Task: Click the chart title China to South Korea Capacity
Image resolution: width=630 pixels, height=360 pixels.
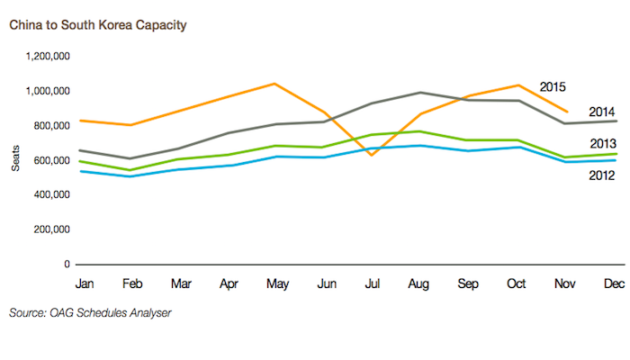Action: [x=98, y=24]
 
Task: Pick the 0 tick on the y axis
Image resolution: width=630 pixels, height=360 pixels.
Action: [x=67, y=264]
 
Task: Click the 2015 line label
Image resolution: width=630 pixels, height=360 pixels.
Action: [x=552, y=86]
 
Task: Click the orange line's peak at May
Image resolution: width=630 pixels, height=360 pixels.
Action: [x=274, y=84]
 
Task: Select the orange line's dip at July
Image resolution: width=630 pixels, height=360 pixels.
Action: [x=372, y=155]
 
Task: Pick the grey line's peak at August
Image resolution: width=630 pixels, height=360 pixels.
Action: [x=419, y=93]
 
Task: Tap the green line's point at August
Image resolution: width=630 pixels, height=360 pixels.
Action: [x=419, y=131]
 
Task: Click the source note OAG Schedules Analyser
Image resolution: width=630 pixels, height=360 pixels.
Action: [x=89, y=313]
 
